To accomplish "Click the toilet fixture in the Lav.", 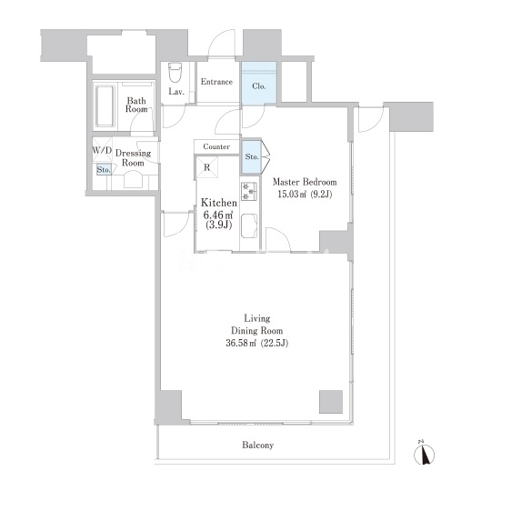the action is [x=175, y=73].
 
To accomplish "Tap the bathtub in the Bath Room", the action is [x=105, y=106].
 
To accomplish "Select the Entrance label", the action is [x=216, y=82].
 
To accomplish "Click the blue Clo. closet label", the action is [x=259, y=86].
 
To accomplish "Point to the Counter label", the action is [x=216, y=146].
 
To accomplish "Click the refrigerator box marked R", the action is [x=206, y=167].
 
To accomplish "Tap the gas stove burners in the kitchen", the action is [x=249, y=191].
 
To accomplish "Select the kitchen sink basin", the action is [x=249, y=225].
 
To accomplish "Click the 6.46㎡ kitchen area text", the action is [x=217, y=215].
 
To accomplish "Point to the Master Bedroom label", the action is [x=305, y=182].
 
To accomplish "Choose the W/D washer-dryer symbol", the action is [x=102, y=150].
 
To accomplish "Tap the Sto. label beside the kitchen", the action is [x=252, y=156].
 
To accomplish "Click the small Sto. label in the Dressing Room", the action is [x=104, y=170].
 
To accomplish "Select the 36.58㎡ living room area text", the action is [x=242, y=343].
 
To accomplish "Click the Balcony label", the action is [x=258, y=445].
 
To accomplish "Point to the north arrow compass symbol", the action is [x=425, y=454].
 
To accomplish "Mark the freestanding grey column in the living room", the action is [x=331, y=402].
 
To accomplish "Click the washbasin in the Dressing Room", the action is [x=133, y=179].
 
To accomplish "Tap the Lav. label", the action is [x=176, y=92].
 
